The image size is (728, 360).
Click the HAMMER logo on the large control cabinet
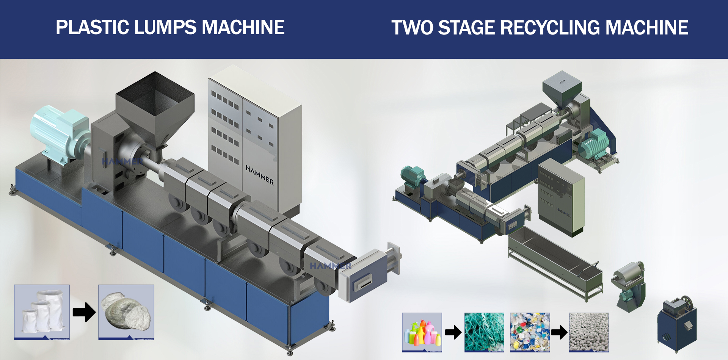259,174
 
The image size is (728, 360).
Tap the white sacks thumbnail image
42,312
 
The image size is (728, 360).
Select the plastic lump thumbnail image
126,312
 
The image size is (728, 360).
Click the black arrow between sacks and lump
84,312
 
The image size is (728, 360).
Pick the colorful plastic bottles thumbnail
422,332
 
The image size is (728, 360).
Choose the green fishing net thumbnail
484,332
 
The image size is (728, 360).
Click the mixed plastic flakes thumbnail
530,332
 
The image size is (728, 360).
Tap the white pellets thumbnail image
589,332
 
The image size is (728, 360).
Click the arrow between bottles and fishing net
453,332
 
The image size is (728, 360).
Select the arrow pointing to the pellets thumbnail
559,332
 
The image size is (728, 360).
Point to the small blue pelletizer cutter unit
677,324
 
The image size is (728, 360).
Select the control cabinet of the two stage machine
560,197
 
